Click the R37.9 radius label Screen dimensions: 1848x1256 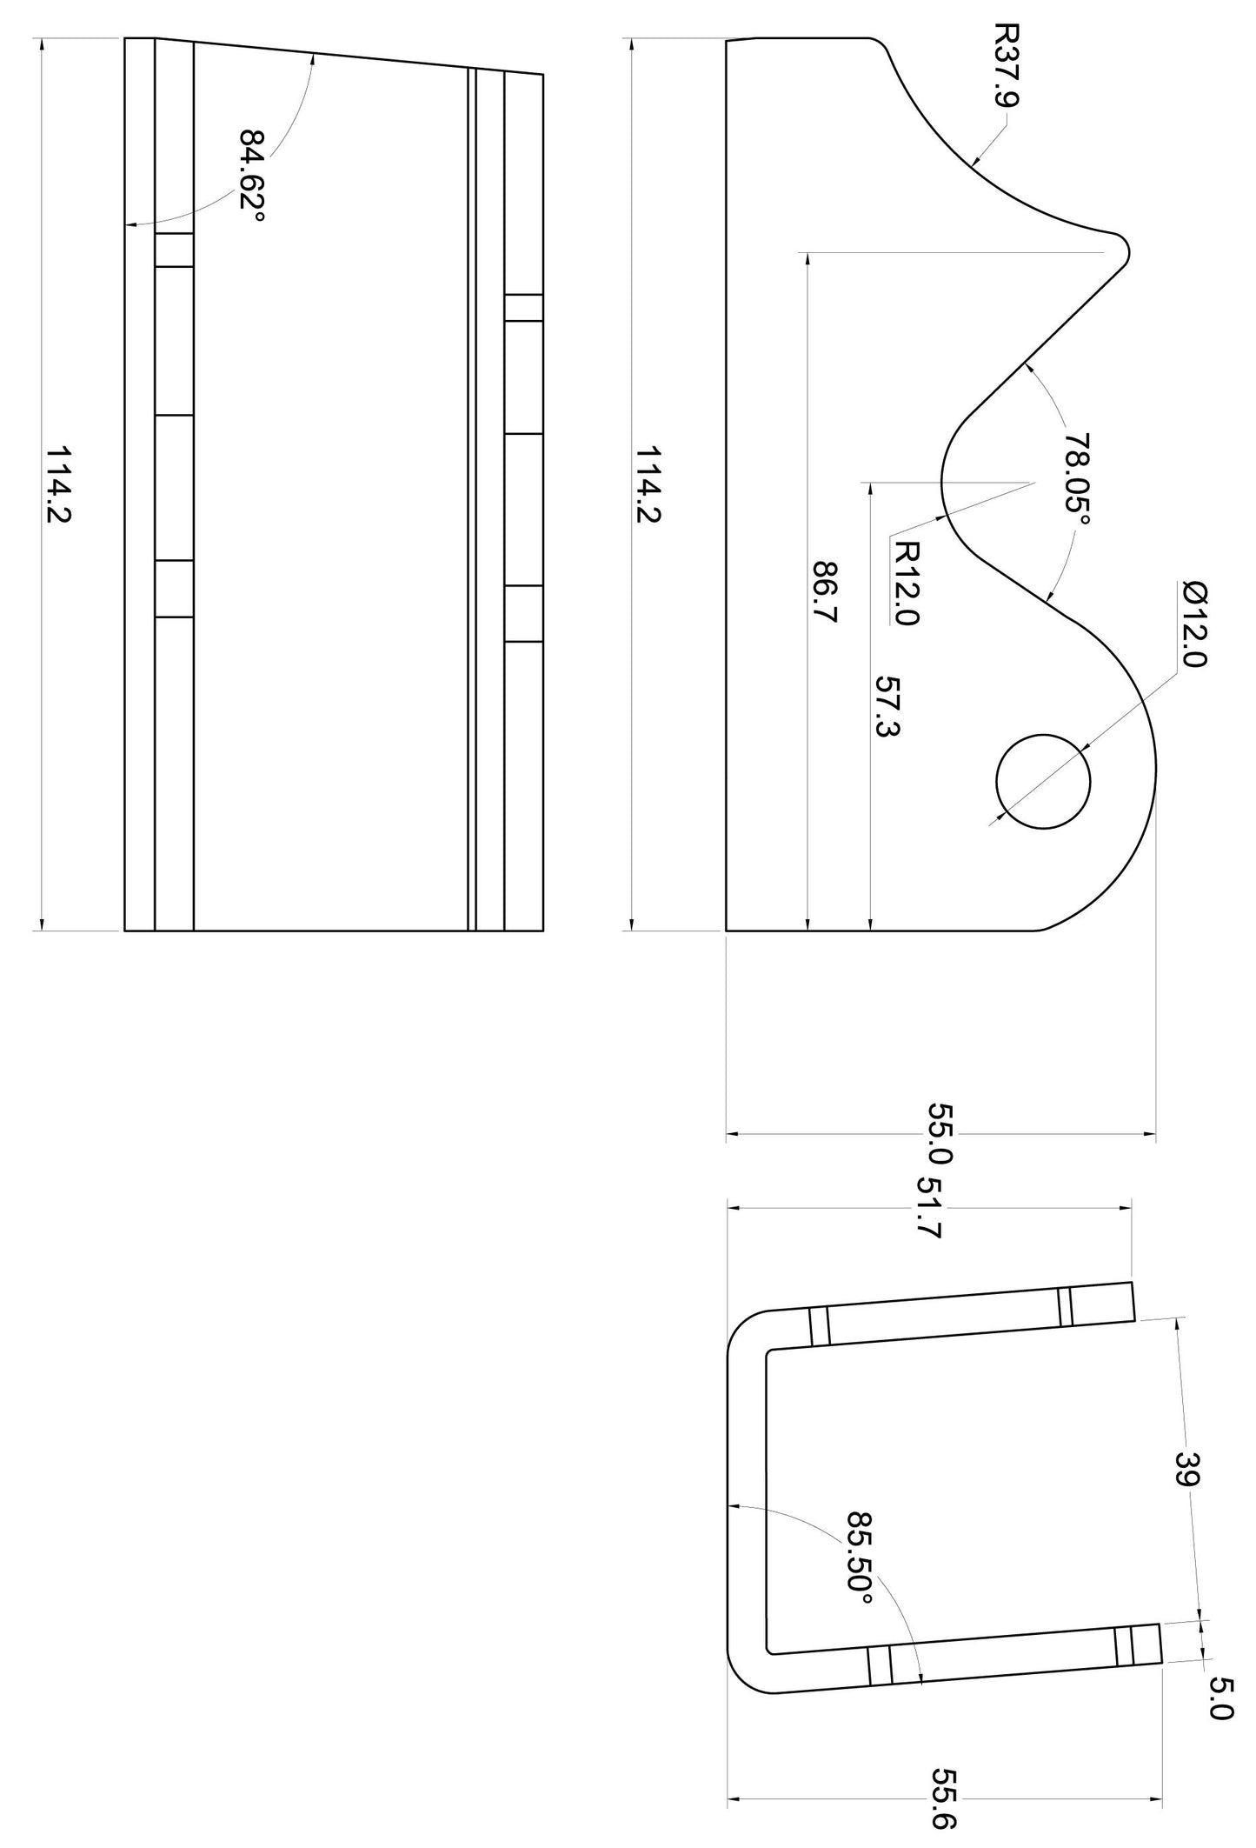tap(1006, 65)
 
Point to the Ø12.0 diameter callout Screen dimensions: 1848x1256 tap(1194, 624)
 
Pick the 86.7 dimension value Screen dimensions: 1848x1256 tap(824, 592)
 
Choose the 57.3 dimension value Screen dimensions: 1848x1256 tap(886, 705)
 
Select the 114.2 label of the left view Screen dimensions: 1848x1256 tap(58, 484)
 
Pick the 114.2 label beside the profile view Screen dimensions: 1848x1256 tap(648, 484)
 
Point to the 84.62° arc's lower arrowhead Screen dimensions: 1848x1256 tap(130, 225)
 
